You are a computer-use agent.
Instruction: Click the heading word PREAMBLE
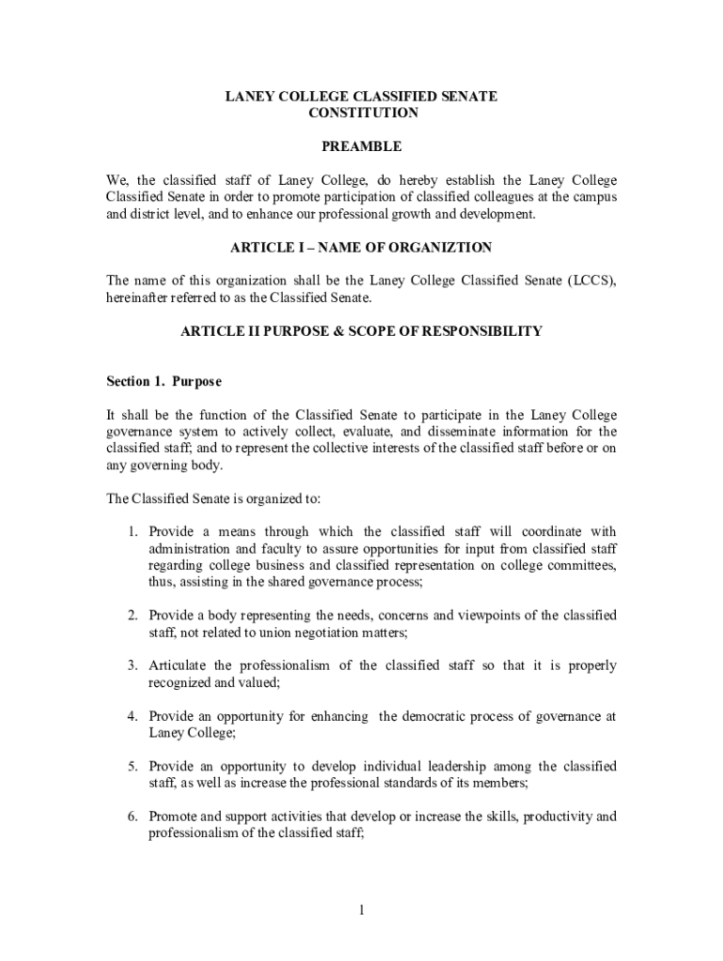(x=361, y=146)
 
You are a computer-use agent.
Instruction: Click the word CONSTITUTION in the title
(x=362, y=113)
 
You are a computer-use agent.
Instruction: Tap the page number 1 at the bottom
(x=361, y=909)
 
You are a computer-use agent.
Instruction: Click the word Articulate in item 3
(x=178, y=665)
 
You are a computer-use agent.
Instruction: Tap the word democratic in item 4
(x=438, y=716)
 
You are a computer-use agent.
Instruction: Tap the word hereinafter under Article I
(x=140, y=297)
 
